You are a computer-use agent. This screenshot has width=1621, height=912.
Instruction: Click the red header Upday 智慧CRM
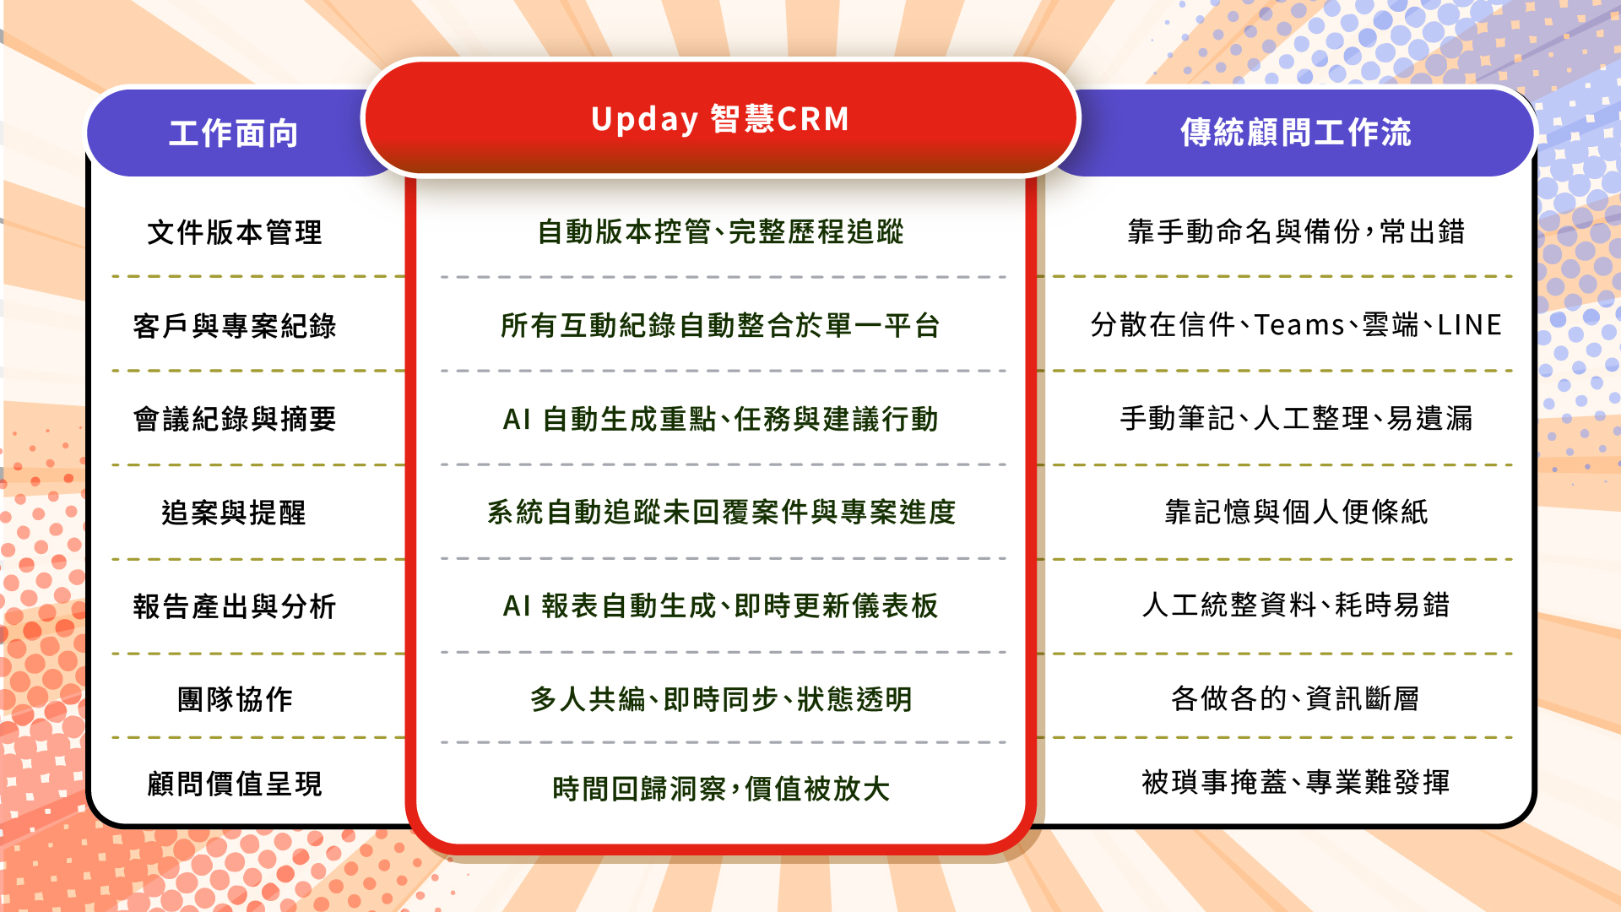[720, 119]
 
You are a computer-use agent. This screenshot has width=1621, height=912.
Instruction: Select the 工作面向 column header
[234, 133]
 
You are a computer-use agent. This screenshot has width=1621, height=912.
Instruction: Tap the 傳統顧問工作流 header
[1296, 133]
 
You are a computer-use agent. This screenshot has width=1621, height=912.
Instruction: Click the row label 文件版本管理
[235, 232]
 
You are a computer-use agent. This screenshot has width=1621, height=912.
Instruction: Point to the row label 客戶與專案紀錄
[235, 326]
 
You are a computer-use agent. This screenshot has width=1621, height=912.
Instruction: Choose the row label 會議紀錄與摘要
[235, 419]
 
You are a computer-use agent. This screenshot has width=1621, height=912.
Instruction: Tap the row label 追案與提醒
[234, 513]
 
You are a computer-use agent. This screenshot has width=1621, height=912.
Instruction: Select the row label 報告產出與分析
[235, 606]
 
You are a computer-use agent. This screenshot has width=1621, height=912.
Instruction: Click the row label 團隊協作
[235, 699]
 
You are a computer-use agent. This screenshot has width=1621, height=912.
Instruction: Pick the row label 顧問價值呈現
[235, 784]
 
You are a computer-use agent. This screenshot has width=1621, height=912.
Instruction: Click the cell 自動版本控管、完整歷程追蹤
[721, 231]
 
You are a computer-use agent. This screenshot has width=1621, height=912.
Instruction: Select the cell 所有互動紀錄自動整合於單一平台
[720, 325]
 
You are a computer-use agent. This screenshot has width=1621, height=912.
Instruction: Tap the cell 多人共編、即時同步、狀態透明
[721, 699]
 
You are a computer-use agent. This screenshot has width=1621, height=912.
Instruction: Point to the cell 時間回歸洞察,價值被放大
[721, 789]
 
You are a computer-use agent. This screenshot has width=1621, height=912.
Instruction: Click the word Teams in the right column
[1299, 325]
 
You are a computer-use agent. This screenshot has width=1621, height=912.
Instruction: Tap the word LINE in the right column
[1470, 325]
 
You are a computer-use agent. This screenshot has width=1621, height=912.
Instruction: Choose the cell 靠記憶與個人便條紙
[1296, 512]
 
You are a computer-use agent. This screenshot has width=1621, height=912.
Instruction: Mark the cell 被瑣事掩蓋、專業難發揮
[1296, 782]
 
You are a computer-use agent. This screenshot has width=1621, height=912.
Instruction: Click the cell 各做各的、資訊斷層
[1295, 698]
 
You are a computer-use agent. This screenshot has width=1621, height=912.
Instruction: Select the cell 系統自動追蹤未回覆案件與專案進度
[721, 512]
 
